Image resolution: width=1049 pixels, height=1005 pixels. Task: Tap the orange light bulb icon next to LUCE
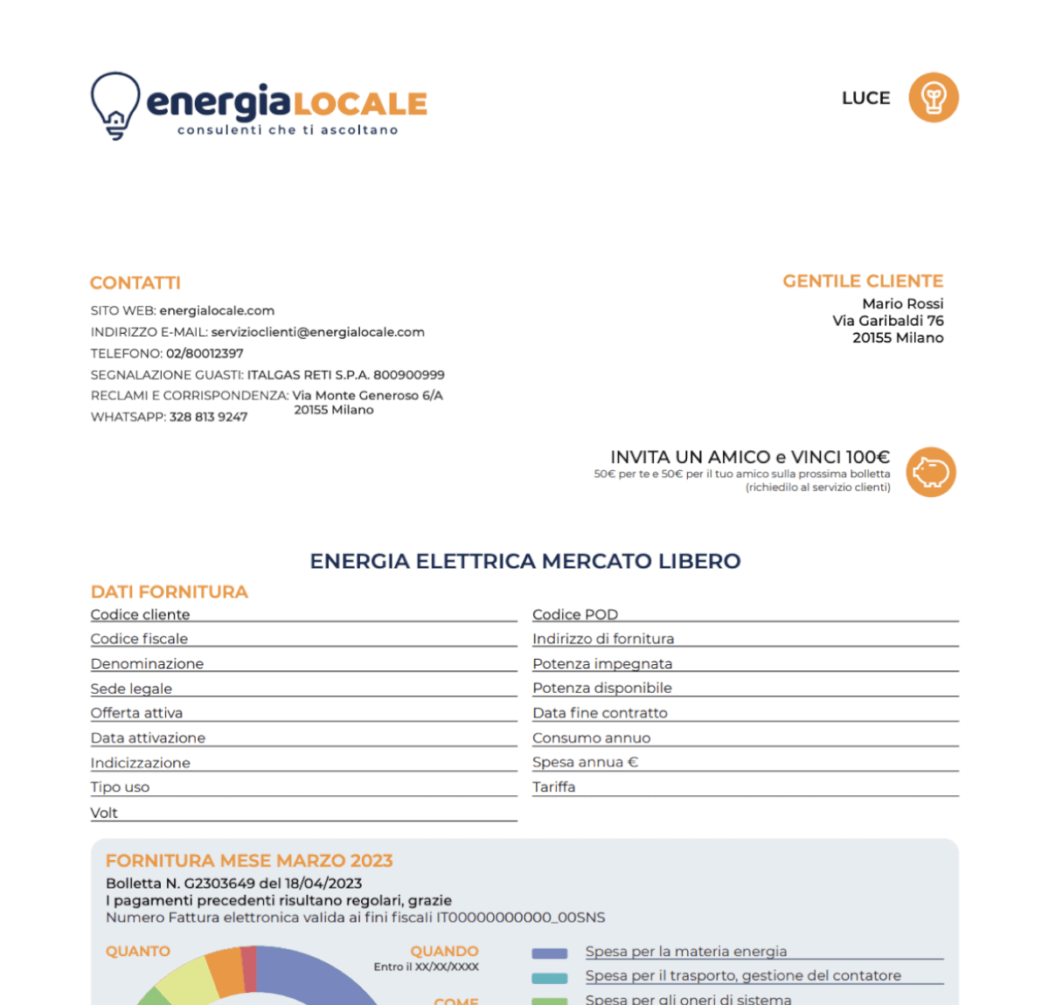click(934, 97)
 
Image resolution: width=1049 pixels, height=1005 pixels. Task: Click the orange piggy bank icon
click(931, 473)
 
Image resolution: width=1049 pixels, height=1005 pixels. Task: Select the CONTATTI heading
click(135, 283)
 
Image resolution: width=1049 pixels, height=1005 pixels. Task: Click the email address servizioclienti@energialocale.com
click(317, 332)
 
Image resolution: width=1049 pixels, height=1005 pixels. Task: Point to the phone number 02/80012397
click(205, 354)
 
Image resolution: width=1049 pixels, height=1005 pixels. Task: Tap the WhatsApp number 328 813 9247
click(208, 417)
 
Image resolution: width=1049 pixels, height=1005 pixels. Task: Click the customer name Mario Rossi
click(902, 304)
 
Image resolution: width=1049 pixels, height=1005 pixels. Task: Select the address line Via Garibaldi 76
click(887, 321)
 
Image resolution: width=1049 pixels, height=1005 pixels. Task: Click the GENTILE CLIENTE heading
click(863, 281)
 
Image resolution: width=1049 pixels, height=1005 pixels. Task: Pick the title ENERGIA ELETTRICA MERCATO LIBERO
click(525, 561)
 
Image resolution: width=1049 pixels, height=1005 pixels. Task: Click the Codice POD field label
click(575, 614)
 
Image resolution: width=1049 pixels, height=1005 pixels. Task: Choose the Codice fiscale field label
click(139, 639)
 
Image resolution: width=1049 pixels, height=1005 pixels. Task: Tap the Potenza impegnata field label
click(602, 664)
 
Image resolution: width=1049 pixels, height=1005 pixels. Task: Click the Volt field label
click(104, 813)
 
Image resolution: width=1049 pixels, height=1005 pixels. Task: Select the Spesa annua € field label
click(585, 762)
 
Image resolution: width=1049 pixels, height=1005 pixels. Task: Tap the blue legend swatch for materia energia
click(550, 953)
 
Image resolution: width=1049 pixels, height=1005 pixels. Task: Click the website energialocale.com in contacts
click(217, 311)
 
